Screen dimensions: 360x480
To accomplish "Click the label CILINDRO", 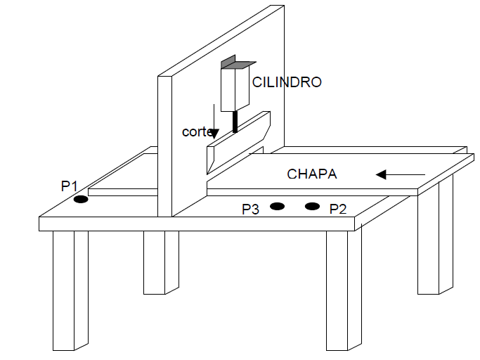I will coord(287,82).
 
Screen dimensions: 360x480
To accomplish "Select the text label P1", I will coord(69,186).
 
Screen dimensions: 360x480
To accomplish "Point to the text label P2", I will coord(338,209).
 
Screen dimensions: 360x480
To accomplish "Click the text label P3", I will coord(251,209).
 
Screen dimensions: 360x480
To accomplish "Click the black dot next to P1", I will coord(81,200).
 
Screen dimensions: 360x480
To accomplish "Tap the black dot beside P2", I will coord(311,206).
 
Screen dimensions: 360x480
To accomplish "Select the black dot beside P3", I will coord(277,206).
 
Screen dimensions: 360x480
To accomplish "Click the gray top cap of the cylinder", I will coord(235,64).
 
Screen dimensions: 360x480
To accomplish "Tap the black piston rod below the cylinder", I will coord(235,122).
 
